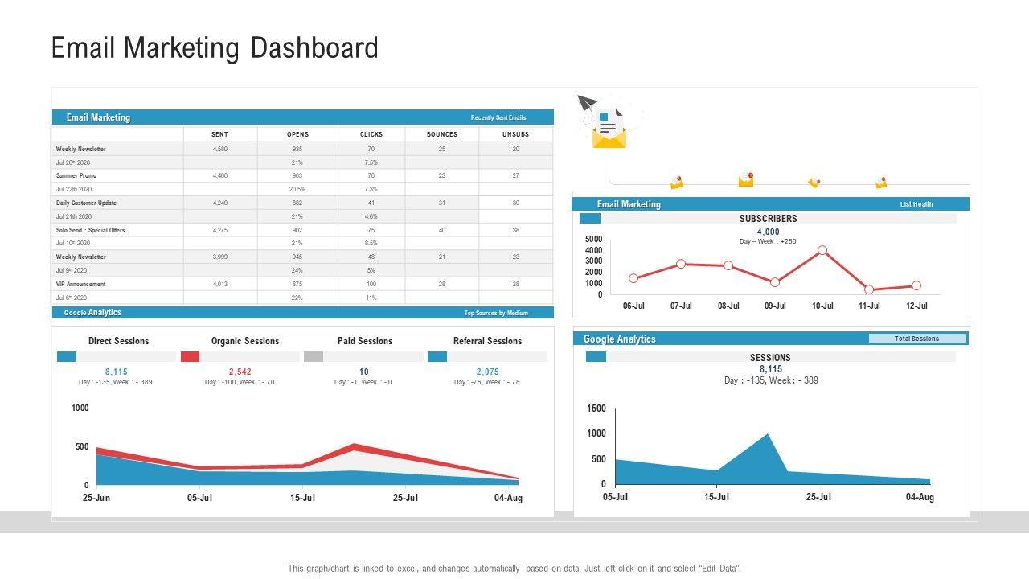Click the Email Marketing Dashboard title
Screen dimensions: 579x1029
215,48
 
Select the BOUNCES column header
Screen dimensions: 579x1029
441,134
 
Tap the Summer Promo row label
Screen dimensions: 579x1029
76,175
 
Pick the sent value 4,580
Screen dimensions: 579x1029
220,149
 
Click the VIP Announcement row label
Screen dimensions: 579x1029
80,284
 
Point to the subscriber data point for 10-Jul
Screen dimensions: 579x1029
822,250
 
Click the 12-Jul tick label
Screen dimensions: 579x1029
916,306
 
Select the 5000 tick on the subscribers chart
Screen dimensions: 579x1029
593,239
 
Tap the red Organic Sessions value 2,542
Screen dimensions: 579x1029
240,372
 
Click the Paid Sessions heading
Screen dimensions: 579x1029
365,341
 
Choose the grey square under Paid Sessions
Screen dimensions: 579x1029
314,356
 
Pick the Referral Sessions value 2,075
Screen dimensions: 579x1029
487,372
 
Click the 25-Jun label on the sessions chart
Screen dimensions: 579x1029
96,498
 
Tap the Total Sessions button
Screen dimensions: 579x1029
916,339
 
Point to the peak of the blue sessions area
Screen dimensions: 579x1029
767,435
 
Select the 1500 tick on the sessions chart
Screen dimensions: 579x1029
596,409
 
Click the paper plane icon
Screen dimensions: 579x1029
587,103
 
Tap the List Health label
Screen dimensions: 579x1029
916,204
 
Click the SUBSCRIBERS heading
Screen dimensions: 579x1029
768,219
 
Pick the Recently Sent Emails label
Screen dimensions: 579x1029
498,117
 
